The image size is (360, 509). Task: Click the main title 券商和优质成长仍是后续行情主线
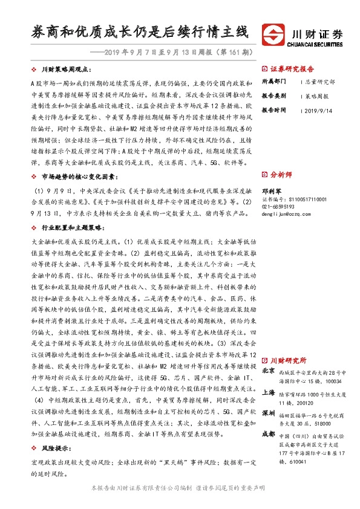(x=140, y=31)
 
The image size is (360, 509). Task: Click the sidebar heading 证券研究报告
(x=292, y=69)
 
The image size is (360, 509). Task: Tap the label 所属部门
(x=273, y=81)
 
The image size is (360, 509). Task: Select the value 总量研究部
(x=319, y=81)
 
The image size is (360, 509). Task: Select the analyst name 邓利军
(x=270, y=189)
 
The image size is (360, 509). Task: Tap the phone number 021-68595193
(x=280, y=206)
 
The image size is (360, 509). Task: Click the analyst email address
(x=290, y=213)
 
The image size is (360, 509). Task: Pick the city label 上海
(x=269, y=392)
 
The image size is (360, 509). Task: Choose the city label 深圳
(x=269, y=413)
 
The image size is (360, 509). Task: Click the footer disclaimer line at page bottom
(x=180, y=488)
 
